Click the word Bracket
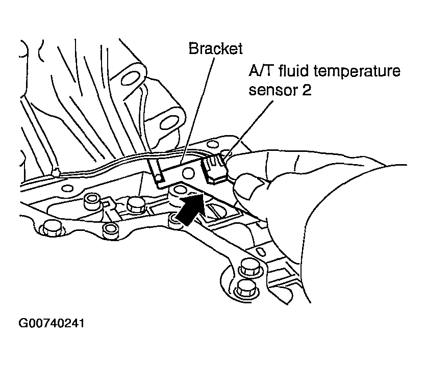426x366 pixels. click(215, 49)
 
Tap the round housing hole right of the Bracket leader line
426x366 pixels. click(167, 121)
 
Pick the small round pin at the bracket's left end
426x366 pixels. click(159, 176)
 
